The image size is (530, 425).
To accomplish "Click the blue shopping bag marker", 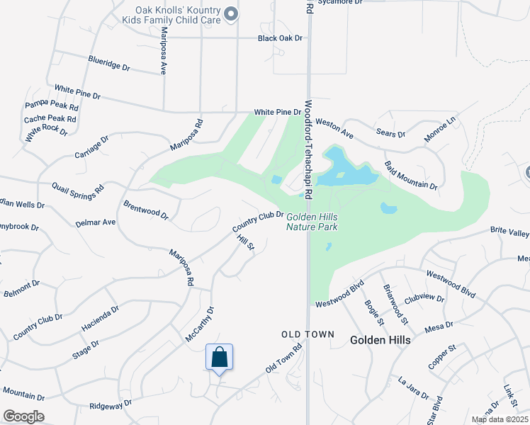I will pos(220,357).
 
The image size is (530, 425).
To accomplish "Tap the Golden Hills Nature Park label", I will pos(312,221).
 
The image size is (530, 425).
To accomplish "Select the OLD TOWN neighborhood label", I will pos(307,334).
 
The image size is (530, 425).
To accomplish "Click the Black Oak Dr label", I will pos(280,38).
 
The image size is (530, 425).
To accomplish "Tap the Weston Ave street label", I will pos(334,128).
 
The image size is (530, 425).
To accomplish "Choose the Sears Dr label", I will pos(391,134).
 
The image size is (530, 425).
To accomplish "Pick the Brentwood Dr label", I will pos(145,210).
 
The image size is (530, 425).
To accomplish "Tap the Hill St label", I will pos(245,242).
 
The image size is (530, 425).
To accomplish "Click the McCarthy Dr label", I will pos(199,325).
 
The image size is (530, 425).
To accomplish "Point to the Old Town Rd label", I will pos(283,359).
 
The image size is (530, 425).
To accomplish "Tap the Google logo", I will pos(23,416).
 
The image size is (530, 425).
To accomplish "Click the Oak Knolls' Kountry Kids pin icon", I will pos(230,13).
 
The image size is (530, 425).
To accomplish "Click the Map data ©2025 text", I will pos(500,419).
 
